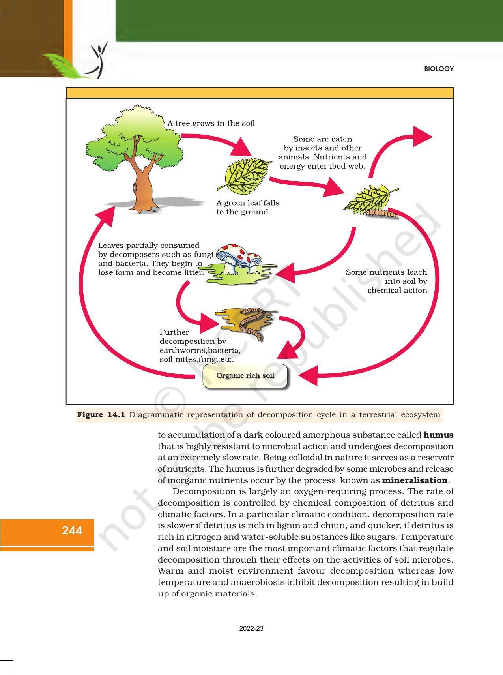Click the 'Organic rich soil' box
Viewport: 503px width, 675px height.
pyautogui.click(x=245, y=376)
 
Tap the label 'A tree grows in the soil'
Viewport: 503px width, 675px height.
pyautogui.click(x=211, y=123)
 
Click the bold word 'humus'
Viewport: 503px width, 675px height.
pyautogui.click(x=438, y=435)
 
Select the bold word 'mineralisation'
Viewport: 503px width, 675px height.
pyautogui.click(x=415, y=480)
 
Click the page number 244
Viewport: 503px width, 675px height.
pyautogui.click(x=72, y=531)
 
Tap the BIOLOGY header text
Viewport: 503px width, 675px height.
pyautogui.click(x=439, y=69)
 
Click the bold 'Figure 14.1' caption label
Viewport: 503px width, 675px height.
pyautogui.click(x=101, y=415)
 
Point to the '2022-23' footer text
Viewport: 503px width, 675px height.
pyautogui.click(x=251, y=628)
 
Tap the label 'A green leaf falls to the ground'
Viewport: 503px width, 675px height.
pyautogui.click(x=247, y=207)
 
